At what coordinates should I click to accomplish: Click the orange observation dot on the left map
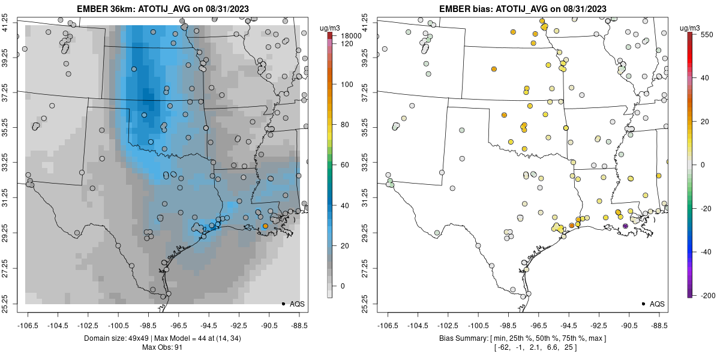[265, 226]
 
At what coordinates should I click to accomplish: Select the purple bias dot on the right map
[625, 226]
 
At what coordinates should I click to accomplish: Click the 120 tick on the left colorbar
[346, 44]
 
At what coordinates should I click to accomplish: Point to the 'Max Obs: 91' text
[162, 347]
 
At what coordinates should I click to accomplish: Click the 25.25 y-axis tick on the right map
[373, 303]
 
